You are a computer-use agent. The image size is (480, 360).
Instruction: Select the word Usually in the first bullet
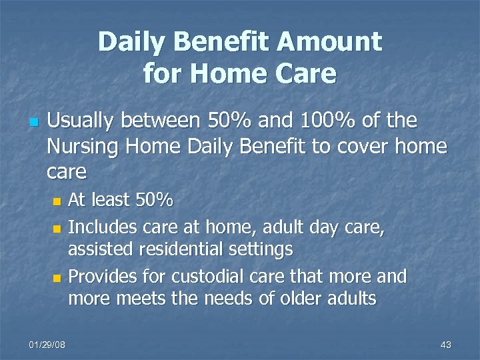tap(85, 121)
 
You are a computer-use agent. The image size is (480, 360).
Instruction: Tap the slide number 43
tap(446, 345)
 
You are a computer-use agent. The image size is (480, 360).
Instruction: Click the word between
tap(161, 121)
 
